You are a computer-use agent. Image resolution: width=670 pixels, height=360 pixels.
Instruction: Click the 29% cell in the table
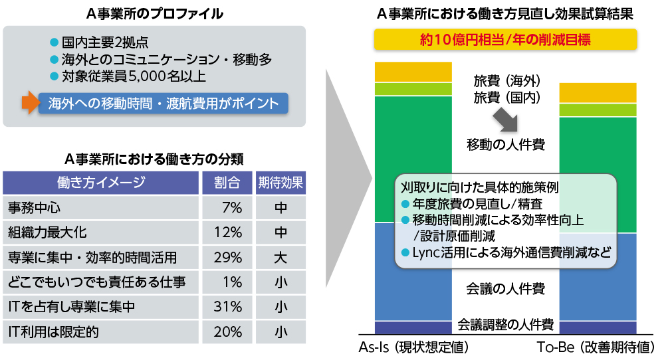coord(227,257)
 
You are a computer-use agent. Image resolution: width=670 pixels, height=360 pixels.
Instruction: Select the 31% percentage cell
coord(227,306)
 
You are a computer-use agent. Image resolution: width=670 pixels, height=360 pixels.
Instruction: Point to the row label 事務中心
coord(35,208)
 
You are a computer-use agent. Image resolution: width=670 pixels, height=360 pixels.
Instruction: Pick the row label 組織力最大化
coord(47,232)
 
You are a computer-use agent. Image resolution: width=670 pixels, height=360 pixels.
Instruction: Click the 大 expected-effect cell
coord(280,257)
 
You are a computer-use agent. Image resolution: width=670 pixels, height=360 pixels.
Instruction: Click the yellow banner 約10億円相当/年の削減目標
coord(506,40)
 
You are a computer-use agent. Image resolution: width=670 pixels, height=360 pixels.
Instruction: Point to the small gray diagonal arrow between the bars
coord(506,120)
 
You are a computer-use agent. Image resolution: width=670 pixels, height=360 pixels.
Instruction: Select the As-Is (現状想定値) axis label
coord(413,347)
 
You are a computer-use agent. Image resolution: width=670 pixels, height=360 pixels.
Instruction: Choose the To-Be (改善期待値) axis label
coord(596,347)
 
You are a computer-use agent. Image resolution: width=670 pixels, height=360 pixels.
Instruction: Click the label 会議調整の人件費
coord(506,325)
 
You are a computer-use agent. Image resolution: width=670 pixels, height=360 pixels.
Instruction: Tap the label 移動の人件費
coord(506,143)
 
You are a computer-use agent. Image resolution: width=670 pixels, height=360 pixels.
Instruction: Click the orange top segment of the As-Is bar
coord(413,71)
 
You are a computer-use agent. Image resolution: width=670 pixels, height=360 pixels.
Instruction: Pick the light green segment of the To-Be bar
coord(598,110)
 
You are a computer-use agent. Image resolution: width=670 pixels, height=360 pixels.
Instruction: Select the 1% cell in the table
coord(227,282)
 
